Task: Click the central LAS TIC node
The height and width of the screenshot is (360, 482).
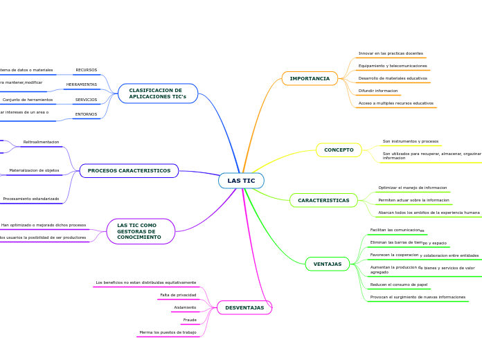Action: [x=241, y=181]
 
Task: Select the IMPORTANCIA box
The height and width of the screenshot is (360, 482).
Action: [x=310, y=78]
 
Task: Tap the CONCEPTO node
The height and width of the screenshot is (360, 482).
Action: [x=339, y=150]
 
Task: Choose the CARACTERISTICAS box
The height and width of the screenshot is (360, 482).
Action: [x=323, y=200]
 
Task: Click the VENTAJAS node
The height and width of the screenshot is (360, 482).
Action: [x=328, y=264]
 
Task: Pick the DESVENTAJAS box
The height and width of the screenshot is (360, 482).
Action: [x=244, y=307]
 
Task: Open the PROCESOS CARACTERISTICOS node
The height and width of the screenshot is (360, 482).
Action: [x=129, y=170]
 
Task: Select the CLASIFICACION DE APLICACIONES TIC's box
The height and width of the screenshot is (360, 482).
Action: [x=158, y=93]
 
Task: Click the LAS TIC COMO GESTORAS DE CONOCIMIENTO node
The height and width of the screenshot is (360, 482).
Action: [x=141, y=231]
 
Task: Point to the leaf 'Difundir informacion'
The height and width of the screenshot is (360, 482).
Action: [x=378, y=91]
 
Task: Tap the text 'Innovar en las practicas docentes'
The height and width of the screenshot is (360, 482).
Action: [x=391, y=53]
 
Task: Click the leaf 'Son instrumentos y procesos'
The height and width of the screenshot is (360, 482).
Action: [x=411, y=141]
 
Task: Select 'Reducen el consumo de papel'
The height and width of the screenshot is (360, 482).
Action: [x=398, y=285]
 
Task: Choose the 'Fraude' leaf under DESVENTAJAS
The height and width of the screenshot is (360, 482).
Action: [x=190, y=320]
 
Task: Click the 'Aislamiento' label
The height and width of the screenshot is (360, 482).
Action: [x=185, y=307]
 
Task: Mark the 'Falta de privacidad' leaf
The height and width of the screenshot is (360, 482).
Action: [x=178, y=295]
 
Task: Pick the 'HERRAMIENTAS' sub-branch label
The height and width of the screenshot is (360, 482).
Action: [x=82, y=84]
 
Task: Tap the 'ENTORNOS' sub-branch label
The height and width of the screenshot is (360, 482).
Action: [x=86, y=114]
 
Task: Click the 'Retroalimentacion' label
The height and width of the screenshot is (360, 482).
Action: [x=41, y=142]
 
